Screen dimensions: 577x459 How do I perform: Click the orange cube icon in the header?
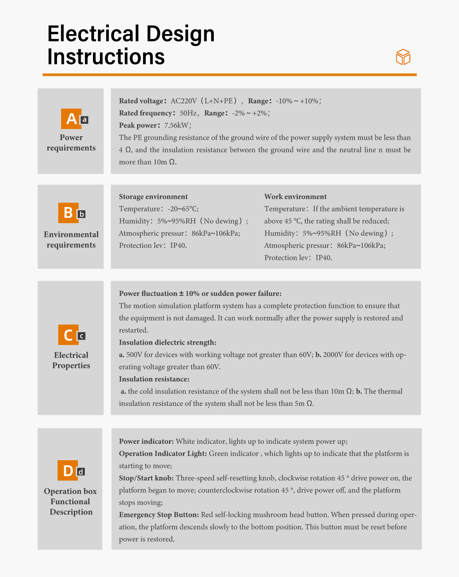point(403,57)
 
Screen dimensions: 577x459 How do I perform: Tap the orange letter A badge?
point(71,119)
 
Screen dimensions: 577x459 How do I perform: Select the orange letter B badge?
point(68,213)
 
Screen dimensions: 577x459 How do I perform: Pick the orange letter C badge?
point(68,335)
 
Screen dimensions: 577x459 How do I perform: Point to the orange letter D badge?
point(68,471)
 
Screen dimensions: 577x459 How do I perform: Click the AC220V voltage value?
point(184,101)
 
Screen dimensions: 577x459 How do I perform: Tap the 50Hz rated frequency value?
point(189,113)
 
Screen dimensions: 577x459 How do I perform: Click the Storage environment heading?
point(153,197)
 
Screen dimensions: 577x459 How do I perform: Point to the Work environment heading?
point(295,197)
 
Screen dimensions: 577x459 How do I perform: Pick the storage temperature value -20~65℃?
point(183,209)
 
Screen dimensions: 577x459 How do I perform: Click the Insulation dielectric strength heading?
point(168,343)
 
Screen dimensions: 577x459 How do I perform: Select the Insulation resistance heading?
point(154,379)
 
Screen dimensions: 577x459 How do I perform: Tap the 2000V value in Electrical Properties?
point(333,355)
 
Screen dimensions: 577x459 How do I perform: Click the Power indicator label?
point(146,441)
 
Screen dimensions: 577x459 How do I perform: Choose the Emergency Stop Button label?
point(159,515)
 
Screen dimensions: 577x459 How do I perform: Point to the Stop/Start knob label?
point(146,478)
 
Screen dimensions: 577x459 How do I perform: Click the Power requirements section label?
point(71,143)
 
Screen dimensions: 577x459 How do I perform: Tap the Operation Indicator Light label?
point(163,454)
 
